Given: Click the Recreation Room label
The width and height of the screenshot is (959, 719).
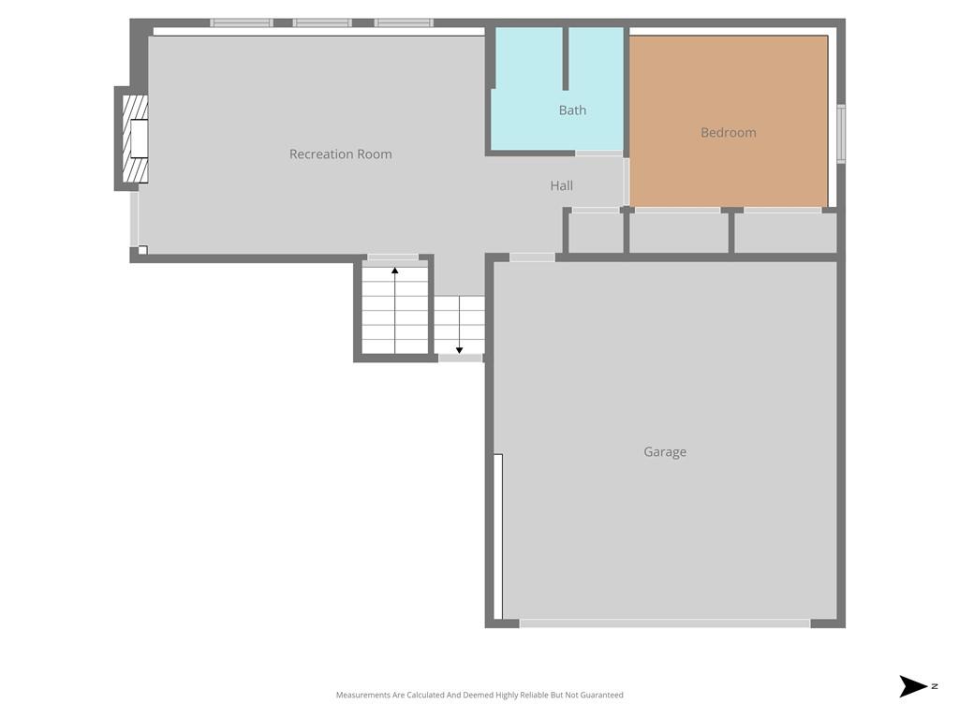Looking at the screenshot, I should (x=340, y=154).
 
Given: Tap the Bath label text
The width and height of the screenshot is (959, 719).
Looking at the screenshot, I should (x=572, y=110).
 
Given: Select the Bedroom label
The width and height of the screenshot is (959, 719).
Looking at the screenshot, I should (x=728, y=133).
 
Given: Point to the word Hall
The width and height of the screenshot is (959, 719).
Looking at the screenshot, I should (x=561, y=186).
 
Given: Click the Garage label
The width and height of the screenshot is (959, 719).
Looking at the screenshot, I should (x=664, y=452).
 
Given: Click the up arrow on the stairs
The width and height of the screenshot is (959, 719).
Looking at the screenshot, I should (x=395, y=272).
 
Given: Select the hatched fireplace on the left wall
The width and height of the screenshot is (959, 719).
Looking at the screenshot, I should (x=135, y=139).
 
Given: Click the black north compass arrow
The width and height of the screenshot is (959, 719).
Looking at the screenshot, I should (x=912, y=686).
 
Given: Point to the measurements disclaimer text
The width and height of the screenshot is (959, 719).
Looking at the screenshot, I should (x=479, y=695).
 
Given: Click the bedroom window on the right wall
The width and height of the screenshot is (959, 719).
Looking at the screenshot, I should (x=840, y=134).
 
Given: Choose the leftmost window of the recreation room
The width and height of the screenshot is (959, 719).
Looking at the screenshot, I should (x=241, y=22).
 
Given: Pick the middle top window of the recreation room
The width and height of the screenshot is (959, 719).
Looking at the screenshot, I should (x=322, y=22).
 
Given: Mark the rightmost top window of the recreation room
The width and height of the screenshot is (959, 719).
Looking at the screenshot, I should (x=404, y=22).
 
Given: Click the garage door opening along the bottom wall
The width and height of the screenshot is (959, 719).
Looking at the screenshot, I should (x=664, y=623).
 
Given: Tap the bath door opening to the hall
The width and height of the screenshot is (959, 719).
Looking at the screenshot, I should (x=598, y=153).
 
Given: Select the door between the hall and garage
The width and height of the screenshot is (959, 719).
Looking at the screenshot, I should (x=532, y=257).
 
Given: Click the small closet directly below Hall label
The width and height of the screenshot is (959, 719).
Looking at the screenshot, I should (x=595, y=233).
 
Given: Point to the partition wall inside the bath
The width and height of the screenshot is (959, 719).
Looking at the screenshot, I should (x=566, y=58).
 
